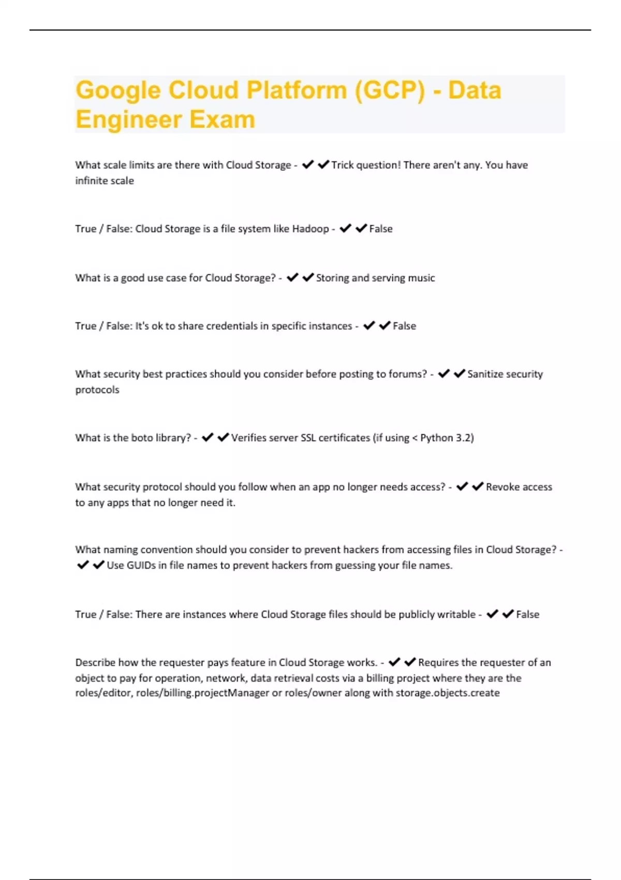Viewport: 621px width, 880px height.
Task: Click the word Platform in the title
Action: tap(296, 91)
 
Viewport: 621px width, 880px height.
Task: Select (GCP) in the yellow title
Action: tap(389, 91)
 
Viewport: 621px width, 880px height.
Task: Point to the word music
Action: tap(421, 278)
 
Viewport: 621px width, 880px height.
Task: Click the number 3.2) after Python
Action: tap(464, 438)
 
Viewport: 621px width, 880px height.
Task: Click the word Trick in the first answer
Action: tap(343, 165)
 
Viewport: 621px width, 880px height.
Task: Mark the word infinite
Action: tap(90, 181)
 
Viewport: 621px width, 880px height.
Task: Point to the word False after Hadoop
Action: tap(381, 229)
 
